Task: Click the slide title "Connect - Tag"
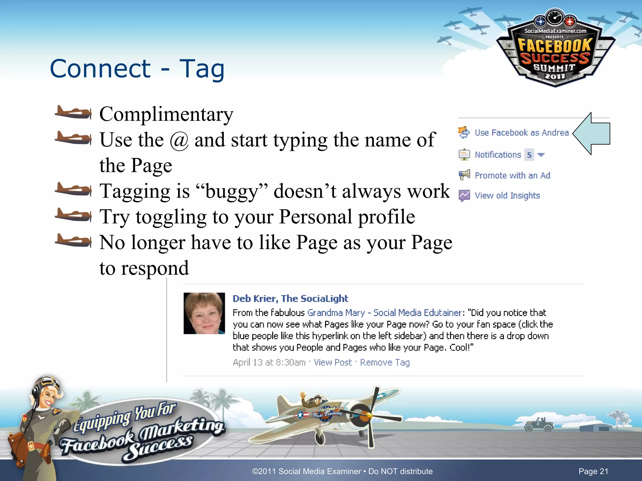(x=137, y=69)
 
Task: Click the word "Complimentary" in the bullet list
(x=166, y=114)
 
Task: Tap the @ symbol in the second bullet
(x=179, y=140)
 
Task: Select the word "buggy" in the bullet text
(x=231, y=191)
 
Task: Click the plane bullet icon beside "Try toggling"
(x=73, y=215)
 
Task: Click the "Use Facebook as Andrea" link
(x=522, y=133)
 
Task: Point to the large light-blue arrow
(x=592, y=134)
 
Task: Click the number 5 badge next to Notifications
(x=529, y=155)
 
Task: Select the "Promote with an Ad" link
(x=512, y=175)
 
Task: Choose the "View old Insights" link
(x=507, y=196)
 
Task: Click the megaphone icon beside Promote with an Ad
(x=464, y=175)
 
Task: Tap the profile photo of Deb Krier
(x=204, y=313)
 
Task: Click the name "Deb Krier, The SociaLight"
(x=290, y=299)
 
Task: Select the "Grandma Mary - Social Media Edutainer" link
(x=385, y=313)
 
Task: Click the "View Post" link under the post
(x=333, y=363)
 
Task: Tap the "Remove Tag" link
(x=385, y=363)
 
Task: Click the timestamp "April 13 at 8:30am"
(x=269, y=363)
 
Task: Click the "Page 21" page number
(x=593, y=471)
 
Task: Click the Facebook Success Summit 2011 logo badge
(x=555, y=50)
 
